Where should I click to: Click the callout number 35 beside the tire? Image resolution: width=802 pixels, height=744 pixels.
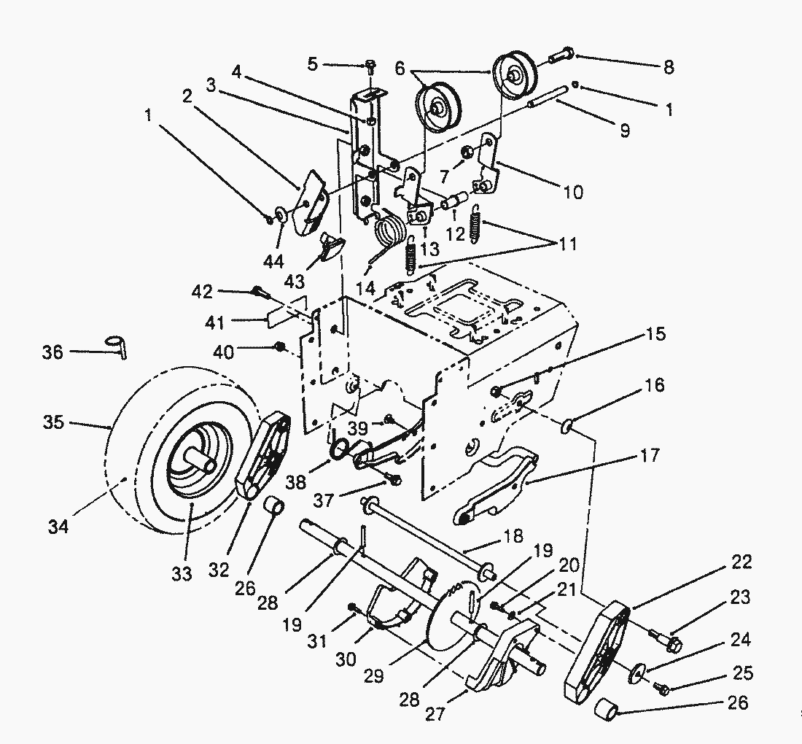(x=53, y=422)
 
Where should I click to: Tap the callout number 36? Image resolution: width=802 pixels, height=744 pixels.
(x=52, y=352)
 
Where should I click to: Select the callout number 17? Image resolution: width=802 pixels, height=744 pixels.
(x=650, y=455)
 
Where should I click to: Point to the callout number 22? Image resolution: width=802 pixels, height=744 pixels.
(x=741, y=562)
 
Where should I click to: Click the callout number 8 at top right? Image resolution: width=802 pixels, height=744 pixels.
(x=669, y=68)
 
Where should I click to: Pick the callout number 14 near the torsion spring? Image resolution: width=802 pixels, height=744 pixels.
(x=365, y=289)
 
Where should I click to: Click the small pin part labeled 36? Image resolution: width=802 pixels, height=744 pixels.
(x=117, y=346)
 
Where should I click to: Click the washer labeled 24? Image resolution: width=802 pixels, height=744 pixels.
(x=636, y=671)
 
